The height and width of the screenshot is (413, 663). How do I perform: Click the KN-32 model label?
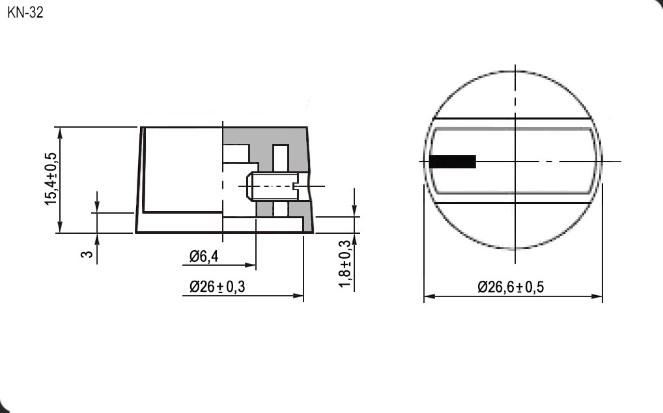[25, 13]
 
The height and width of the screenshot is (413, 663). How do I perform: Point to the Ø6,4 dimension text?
[203, 257]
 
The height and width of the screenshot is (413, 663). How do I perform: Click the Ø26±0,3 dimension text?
[217, 287]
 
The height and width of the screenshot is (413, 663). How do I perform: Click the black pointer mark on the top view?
[453, 162]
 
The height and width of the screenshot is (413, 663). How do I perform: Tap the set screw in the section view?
[272, 187]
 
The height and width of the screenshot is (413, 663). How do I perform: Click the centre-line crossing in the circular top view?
[515, 162]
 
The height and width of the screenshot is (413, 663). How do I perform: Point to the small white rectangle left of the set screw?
[236, 154]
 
